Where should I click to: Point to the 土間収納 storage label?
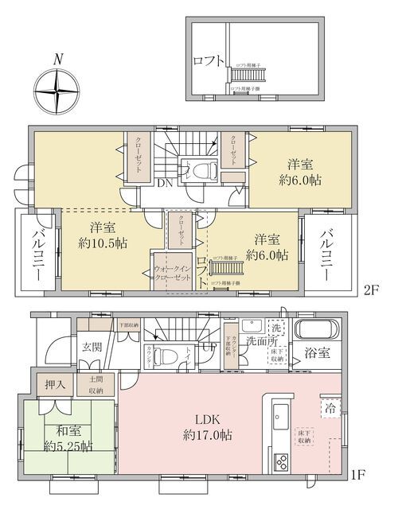point(95,385)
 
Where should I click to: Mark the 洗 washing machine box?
point(276,328)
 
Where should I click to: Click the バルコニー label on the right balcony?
point(326,253)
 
